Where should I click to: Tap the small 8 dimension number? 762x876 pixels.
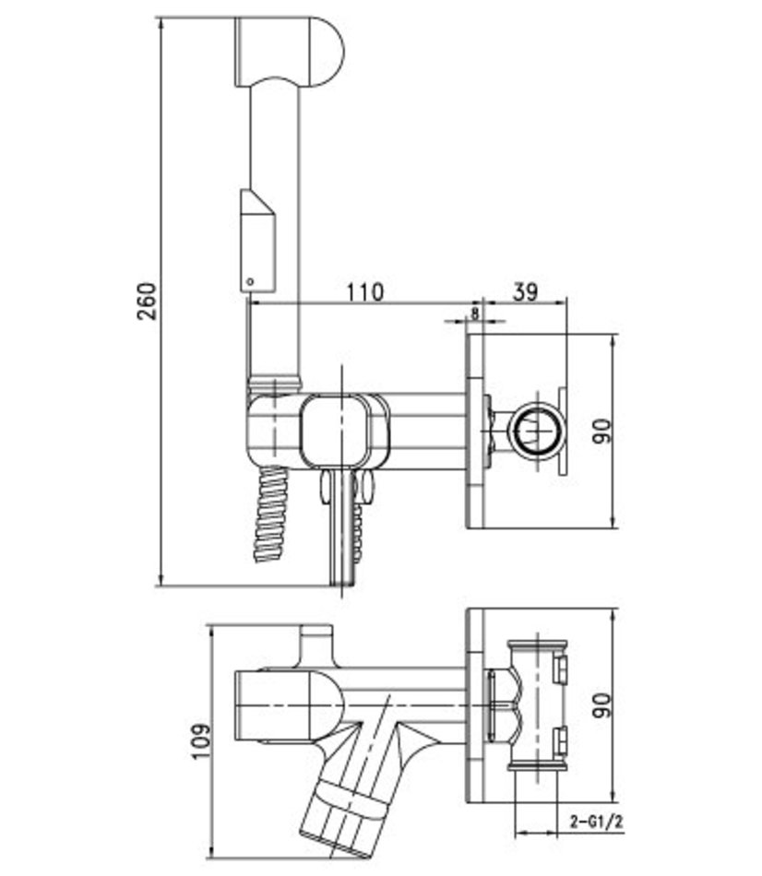click(x=475, y=313)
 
